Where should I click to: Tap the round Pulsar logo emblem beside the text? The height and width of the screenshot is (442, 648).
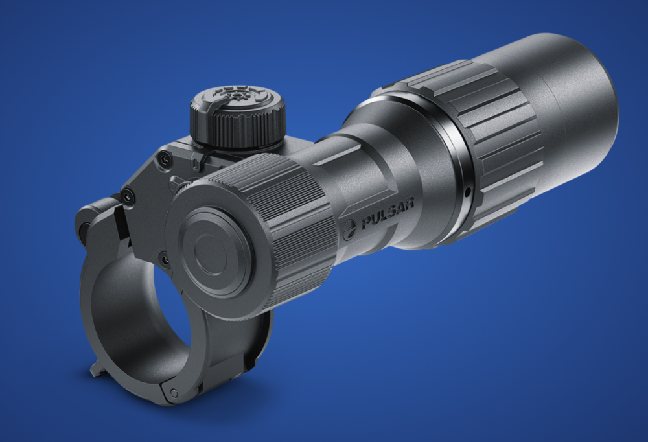pyautogui.click(x=349, y=229)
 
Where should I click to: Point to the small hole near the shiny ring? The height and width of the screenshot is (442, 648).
pyautogui.click(x=467, y=192)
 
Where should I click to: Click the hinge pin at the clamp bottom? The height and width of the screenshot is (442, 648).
pyautogui.click(x=174, y=393)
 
